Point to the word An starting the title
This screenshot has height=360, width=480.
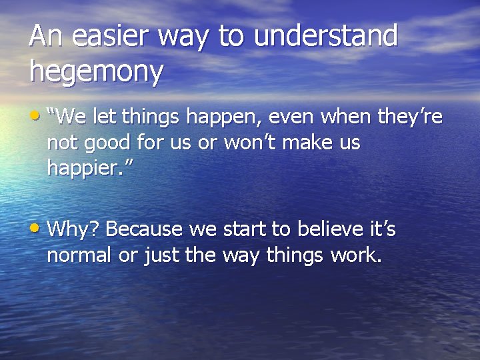pyautogui.click(x=47, y=37)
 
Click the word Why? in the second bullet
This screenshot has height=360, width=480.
pyautogui.click(x=73, y=230)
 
